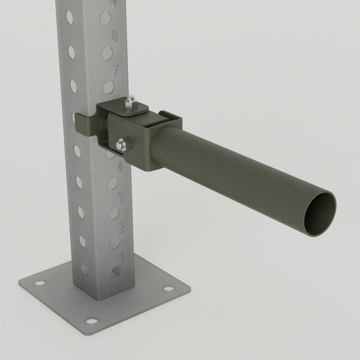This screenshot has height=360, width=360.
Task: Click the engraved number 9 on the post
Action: click(113, 3)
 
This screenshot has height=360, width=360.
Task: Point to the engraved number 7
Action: click(116, 69)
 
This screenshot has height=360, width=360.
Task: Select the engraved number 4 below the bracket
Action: click(120, 167)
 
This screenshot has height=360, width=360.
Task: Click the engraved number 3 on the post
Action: click(121, 197)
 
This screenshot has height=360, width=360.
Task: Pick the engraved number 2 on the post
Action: click(121, 227)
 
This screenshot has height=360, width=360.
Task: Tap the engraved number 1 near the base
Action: click(122, 257)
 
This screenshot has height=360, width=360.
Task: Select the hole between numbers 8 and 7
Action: click(107, 52)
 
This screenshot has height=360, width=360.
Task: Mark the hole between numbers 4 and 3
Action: click(112, 183)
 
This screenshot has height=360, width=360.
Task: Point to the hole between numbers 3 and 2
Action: click(114, 213)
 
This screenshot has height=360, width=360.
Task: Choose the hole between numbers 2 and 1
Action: click(115, 243)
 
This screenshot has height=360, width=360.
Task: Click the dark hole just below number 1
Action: click(117, 271)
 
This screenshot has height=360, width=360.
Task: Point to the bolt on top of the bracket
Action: click(130, 103)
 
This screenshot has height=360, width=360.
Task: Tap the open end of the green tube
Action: click(319, 215)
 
